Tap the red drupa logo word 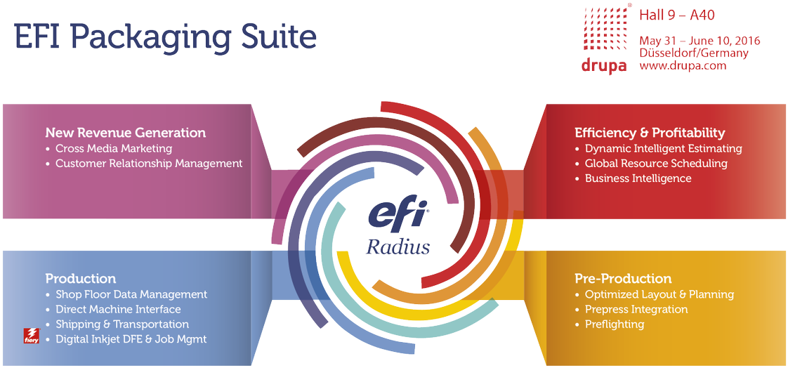(x=603, y=67)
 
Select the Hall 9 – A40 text (x=677, y=15)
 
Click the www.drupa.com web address (x=683, y=65)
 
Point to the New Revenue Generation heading (x=126, y=133)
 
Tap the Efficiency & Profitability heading (x=650, y=133)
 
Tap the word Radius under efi (x=398, y=247)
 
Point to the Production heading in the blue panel (x=80, y=279)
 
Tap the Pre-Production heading (x=623, y=279)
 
